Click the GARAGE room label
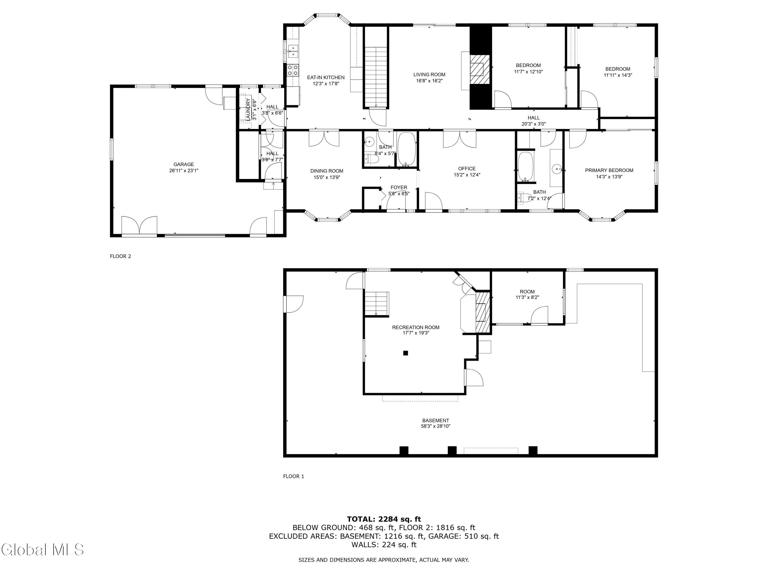coord(184,164)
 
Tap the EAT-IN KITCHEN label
coord(326,77)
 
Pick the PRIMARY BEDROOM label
coord(609,170)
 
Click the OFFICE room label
coord(467,168)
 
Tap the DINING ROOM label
coord(326,171)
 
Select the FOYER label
coord(399,187)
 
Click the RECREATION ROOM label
coord(415,327)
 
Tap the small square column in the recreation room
coord(405,353)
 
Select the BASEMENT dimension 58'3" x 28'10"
coord(435,426)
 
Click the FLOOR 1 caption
coord(293,476)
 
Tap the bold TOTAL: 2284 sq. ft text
coord(384,519)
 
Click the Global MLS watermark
coord(42,550)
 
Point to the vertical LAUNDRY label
coord(248,109)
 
